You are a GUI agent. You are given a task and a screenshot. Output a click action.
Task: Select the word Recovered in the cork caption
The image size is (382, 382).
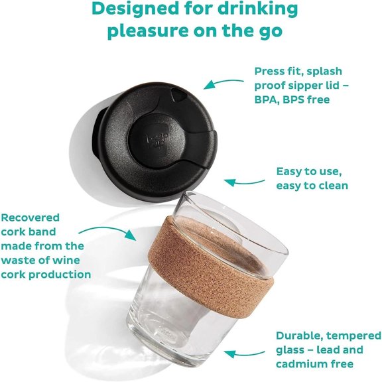pyautogui.click(x=31, y=218)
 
